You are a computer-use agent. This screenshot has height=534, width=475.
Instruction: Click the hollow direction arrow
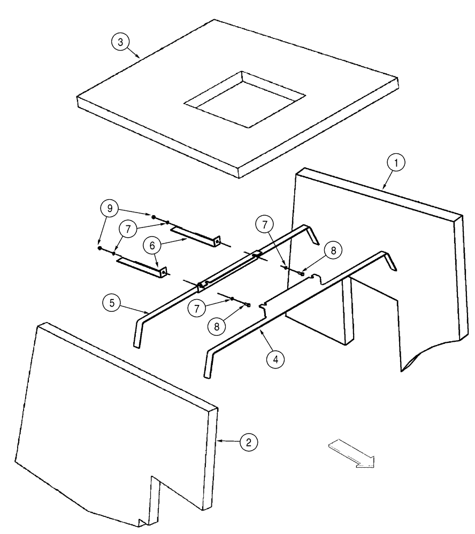click(x=353, y=453)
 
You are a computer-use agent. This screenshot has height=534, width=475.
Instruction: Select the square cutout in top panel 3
click(x=244, y=100)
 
